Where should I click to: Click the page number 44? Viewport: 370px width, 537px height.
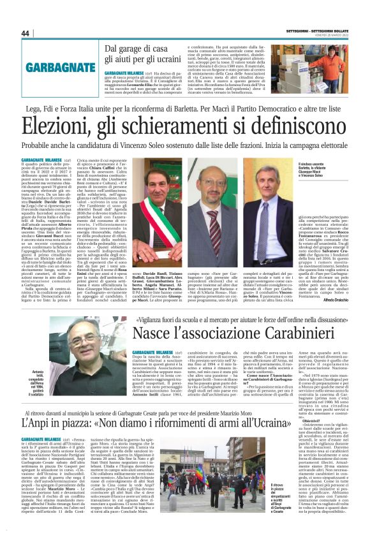point(26,33)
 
